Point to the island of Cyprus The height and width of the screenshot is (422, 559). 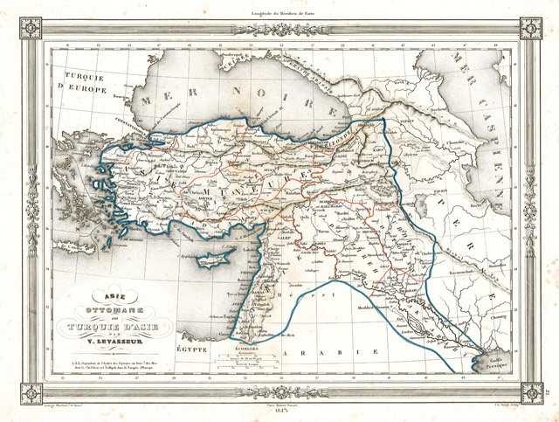click(215, 259)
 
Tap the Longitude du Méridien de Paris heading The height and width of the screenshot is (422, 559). click(279, 10)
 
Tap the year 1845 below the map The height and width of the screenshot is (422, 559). click(279, 412)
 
